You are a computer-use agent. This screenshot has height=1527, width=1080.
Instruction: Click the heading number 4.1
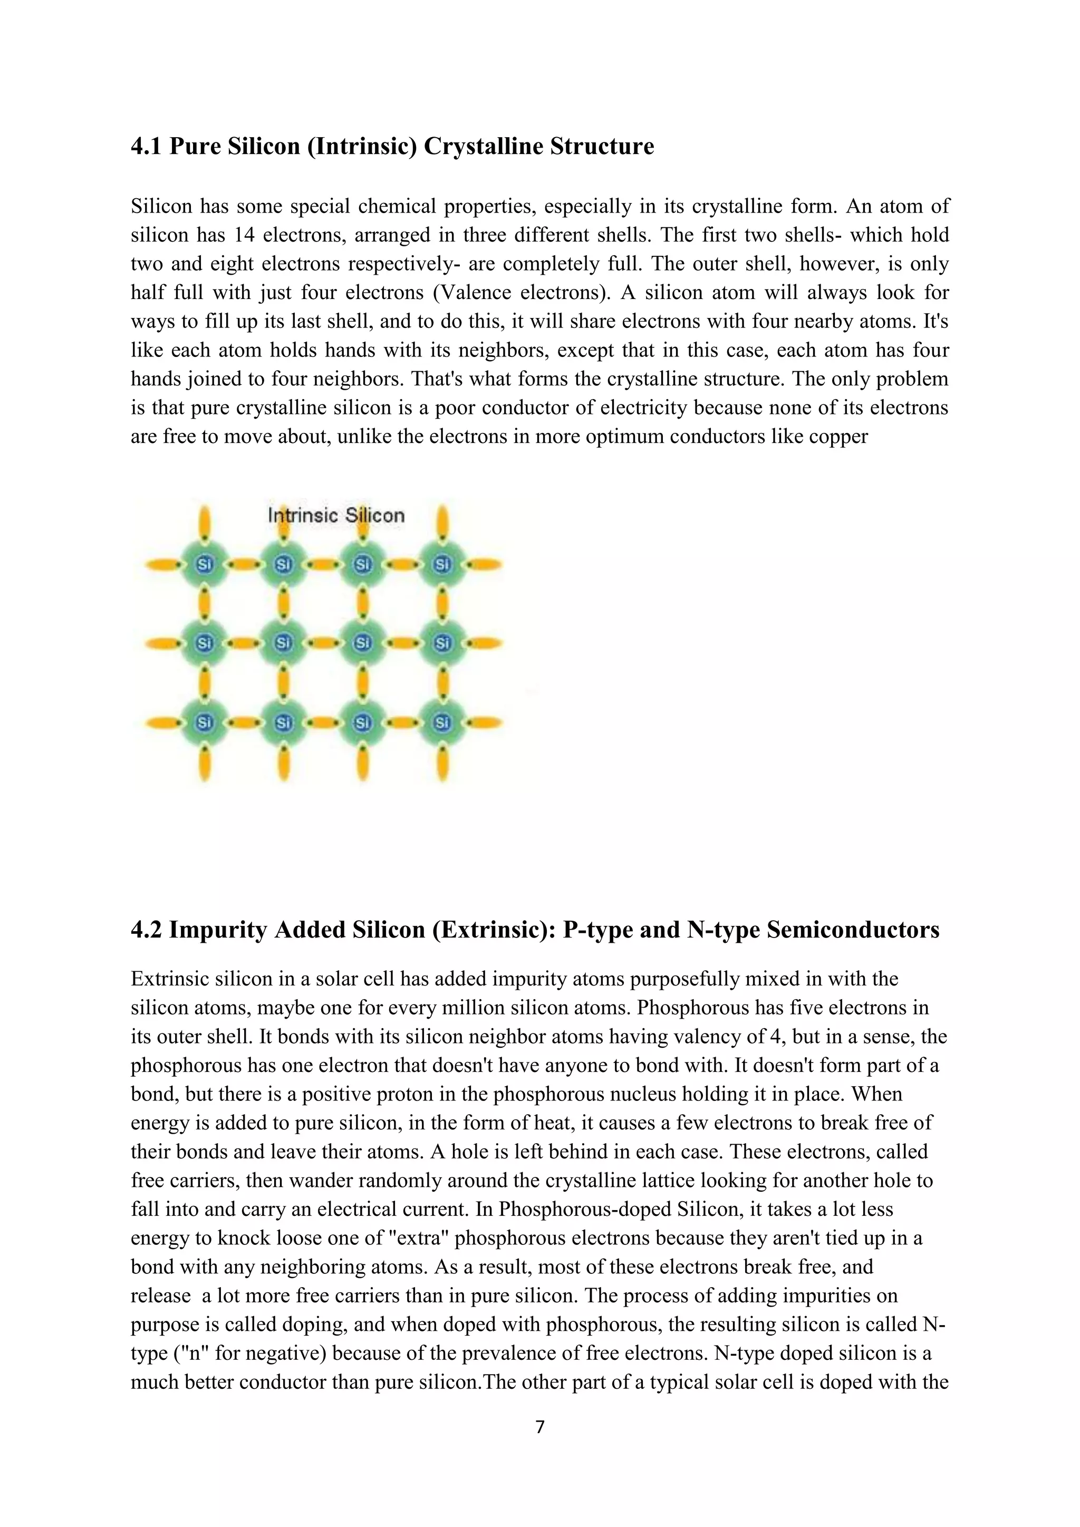146,146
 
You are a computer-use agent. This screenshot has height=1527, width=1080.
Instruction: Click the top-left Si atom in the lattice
204,565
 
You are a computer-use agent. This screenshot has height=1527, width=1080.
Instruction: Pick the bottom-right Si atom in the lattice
442,722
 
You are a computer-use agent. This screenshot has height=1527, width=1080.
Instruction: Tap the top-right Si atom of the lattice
442,565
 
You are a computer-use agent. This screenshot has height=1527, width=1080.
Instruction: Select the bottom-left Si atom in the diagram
204,722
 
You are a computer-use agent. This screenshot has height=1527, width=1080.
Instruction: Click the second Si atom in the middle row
284,643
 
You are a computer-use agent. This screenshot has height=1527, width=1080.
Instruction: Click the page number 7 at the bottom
540,1427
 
